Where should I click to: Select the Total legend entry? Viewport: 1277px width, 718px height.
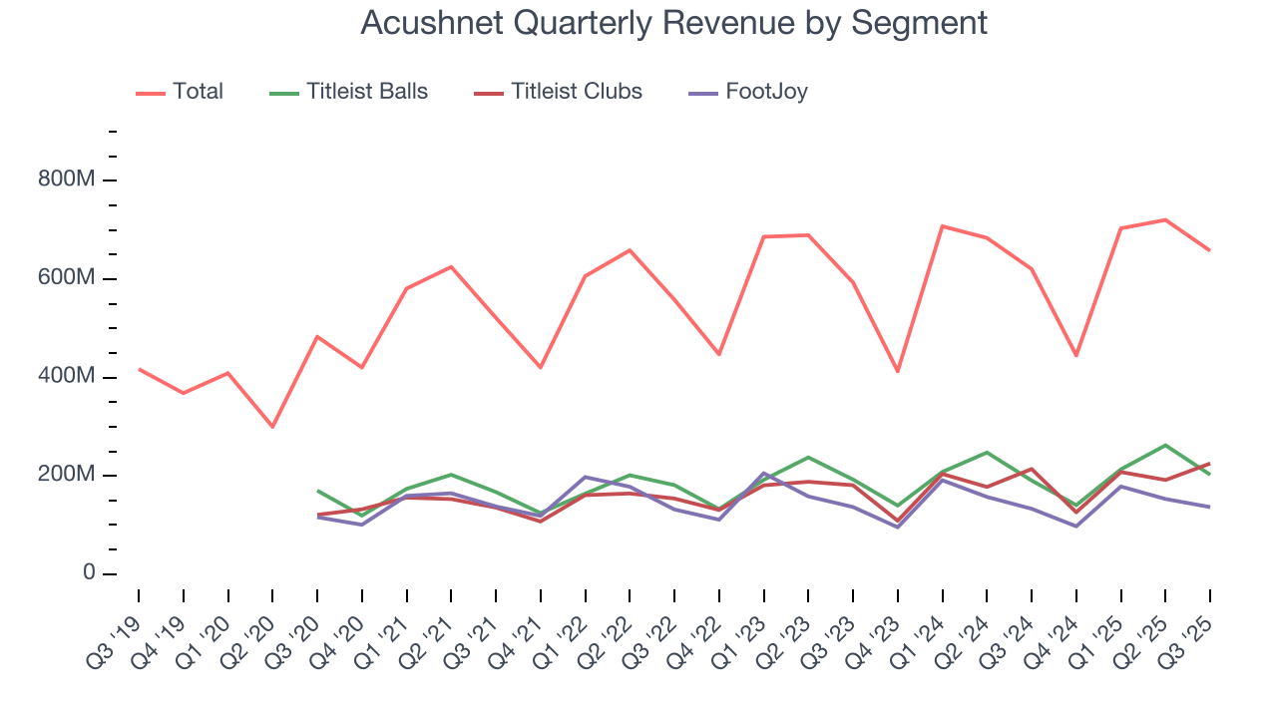198,92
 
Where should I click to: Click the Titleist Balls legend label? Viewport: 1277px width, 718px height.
366,92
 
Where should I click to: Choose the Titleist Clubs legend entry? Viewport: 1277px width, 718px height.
576,92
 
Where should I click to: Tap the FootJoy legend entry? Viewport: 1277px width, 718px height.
766,92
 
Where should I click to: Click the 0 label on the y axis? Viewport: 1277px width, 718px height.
88,573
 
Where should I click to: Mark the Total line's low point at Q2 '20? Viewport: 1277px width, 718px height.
272,427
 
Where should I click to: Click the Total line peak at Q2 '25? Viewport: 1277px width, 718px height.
1165,219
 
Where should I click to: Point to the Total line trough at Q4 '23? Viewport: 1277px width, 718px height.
898,371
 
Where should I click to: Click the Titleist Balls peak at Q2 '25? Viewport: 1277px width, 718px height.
1165,445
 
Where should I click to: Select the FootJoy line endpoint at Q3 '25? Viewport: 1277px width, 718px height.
1209,507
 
